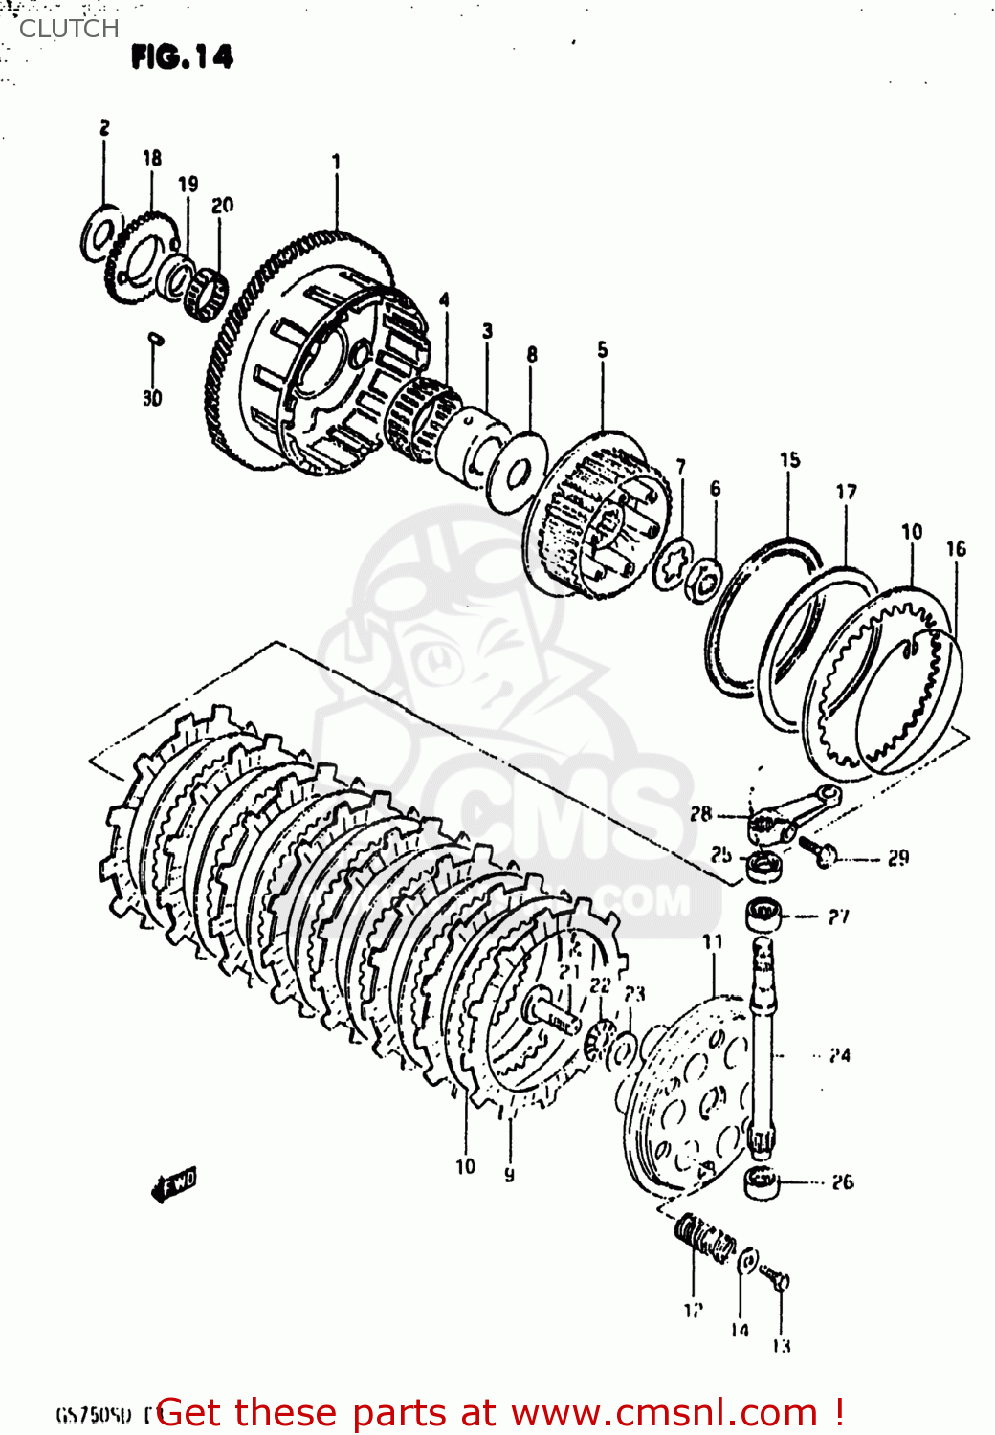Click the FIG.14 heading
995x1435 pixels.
click(182, 57)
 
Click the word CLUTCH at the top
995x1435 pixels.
click(69, 29)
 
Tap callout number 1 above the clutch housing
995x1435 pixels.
click(336, 162)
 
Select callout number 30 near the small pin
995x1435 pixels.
click(152, 398)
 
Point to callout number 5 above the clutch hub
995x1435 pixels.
click(602, 350)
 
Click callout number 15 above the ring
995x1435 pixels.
click(789, 460)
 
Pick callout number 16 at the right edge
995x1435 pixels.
click(956, 548)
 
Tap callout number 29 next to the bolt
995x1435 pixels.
click(897, 858)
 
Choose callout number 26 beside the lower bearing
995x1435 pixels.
click(842, 1182)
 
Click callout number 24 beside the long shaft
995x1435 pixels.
click(839, 1055)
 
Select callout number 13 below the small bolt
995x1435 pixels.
click(781, 1346)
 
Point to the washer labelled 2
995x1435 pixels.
click(100, 232)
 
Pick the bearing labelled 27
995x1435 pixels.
click(763, 915)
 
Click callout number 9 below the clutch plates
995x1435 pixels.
click(509, 1173)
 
